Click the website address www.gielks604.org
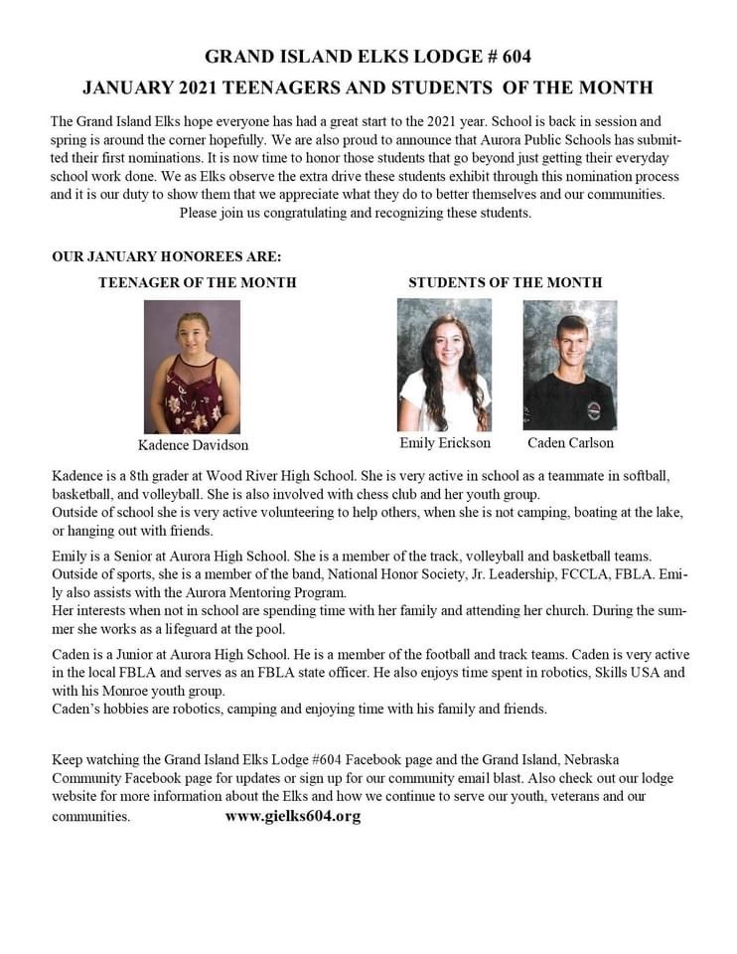coord(292,816)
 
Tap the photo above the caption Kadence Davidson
coord(192,367)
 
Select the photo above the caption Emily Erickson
coord(444,365)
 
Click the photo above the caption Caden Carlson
coord(569,365)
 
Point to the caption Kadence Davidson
coord(193,445)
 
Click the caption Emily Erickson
coord(445,442)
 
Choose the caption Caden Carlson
coord(570,442)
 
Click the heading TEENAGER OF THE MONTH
coord(197,282)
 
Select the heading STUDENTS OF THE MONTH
coord(505,282)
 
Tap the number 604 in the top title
coord(527,57)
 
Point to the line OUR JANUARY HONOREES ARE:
coord(166,257)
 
